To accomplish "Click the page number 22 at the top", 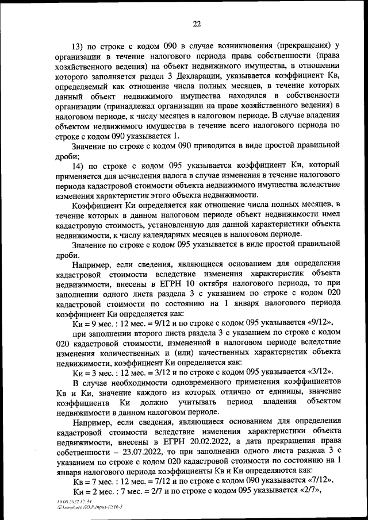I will tap(196, 24).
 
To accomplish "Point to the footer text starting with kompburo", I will tap(89, 507).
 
